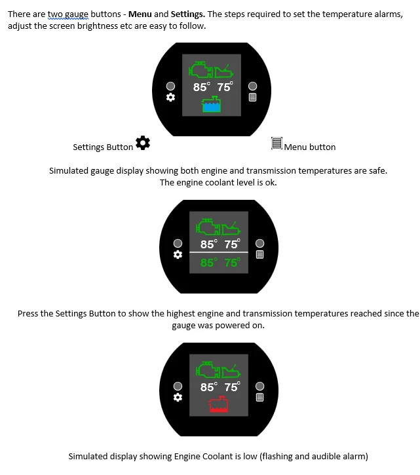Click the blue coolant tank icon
pos(211,105)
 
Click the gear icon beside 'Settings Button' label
pos(143,142)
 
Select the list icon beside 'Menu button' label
pos(277,143)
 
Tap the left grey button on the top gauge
pos(170,86)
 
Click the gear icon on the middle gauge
pos(178,254)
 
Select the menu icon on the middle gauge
pos(259,254)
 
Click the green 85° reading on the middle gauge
pos(208,263)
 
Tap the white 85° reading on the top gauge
pos(202,86)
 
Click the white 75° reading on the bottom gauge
pos(232,387)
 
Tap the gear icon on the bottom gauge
pos(178,397)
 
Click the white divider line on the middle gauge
pos(219,252)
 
